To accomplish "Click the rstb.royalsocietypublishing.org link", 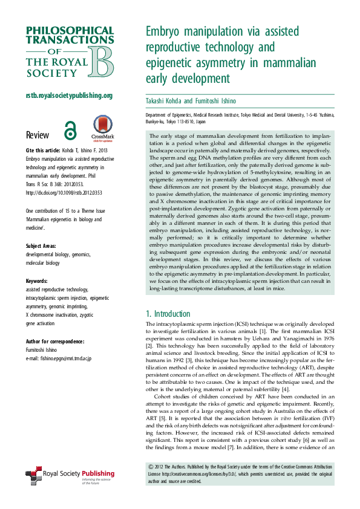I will (x=69, y=96).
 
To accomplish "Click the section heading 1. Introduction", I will (x=168, y=314).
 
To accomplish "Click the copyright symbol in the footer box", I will (x=151, y=467).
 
